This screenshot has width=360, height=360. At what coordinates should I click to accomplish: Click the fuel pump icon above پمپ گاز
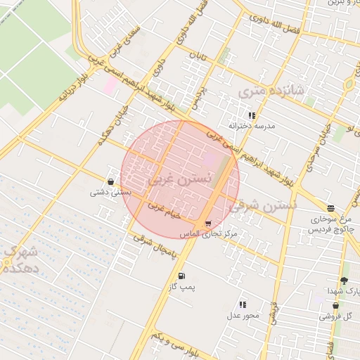pyautogui.click(x=182, y=276)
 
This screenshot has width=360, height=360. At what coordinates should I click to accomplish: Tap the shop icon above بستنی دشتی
pyautogui.click(x=110, y=181)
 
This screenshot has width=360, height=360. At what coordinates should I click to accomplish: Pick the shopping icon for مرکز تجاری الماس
pyautogui.click(x=207, y=223)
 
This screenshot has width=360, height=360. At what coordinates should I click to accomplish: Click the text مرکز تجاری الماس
pyautogui.click(x=209, y=233)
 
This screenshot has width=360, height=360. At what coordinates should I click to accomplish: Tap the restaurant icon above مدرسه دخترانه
pyautogui.click(x=251, y=115)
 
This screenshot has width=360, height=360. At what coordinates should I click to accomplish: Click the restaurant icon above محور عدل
pyautogui.click(x=243, y=304)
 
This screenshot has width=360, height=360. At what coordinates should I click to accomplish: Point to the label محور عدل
pyautogui.click(x=243, y=315)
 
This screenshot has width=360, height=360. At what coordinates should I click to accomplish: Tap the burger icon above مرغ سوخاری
pyautogui.click(x=330, y=208)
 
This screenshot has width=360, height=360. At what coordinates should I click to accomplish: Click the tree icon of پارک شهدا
pyautogui.click(x=344, y=281)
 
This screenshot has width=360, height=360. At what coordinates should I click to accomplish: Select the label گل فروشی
pyautogui.click(x=335, y=317)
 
